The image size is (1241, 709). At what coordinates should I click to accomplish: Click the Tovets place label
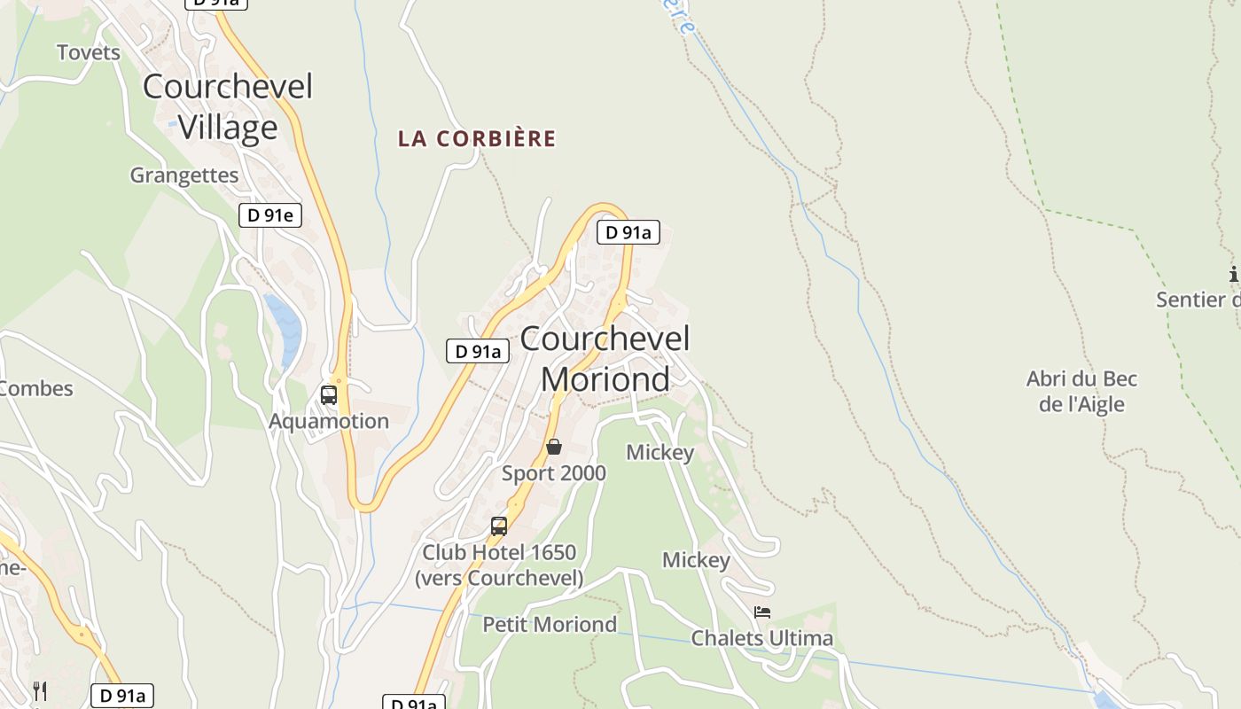pos(89,52)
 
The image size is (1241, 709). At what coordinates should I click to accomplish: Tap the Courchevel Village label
pos(228,107)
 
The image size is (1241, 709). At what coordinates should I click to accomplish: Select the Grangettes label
pos(184,175)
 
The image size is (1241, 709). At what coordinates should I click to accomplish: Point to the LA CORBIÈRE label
pos(477,138)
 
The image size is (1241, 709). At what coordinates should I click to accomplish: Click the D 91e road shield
pos(270,214)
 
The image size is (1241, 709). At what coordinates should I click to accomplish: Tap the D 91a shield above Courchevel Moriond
pos(628,232)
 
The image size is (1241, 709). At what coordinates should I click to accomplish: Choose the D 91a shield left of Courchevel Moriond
pos(478,351)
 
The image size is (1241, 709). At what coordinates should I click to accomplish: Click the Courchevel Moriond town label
pos(605,358)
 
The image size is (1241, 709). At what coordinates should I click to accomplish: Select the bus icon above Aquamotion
pos(329,395)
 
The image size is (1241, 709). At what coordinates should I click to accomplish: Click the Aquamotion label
pos(329,421)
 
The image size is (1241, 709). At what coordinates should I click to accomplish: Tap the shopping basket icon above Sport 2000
pos(554,447)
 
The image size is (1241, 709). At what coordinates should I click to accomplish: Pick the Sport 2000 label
pos(554,473)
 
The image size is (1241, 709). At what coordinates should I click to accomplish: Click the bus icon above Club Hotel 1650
pos(499,526)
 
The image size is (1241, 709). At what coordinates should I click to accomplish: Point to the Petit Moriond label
pos(550,624)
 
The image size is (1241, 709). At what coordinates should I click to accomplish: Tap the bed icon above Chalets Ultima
pos(762,612)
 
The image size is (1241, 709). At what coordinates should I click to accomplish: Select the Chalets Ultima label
pos(762,638)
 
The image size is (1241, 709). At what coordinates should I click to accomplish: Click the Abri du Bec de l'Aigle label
pos(1081,392)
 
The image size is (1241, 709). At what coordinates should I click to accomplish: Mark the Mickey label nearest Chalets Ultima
pos(697,560)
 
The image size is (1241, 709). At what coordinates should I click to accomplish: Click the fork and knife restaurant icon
pos(40,690)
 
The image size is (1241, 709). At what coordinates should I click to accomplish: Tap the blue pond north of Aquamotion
pos(284,328)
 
